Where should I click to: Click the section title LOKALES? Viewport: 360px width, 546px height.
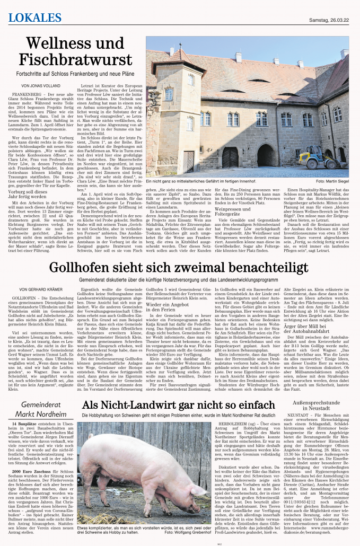(35, 17)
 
